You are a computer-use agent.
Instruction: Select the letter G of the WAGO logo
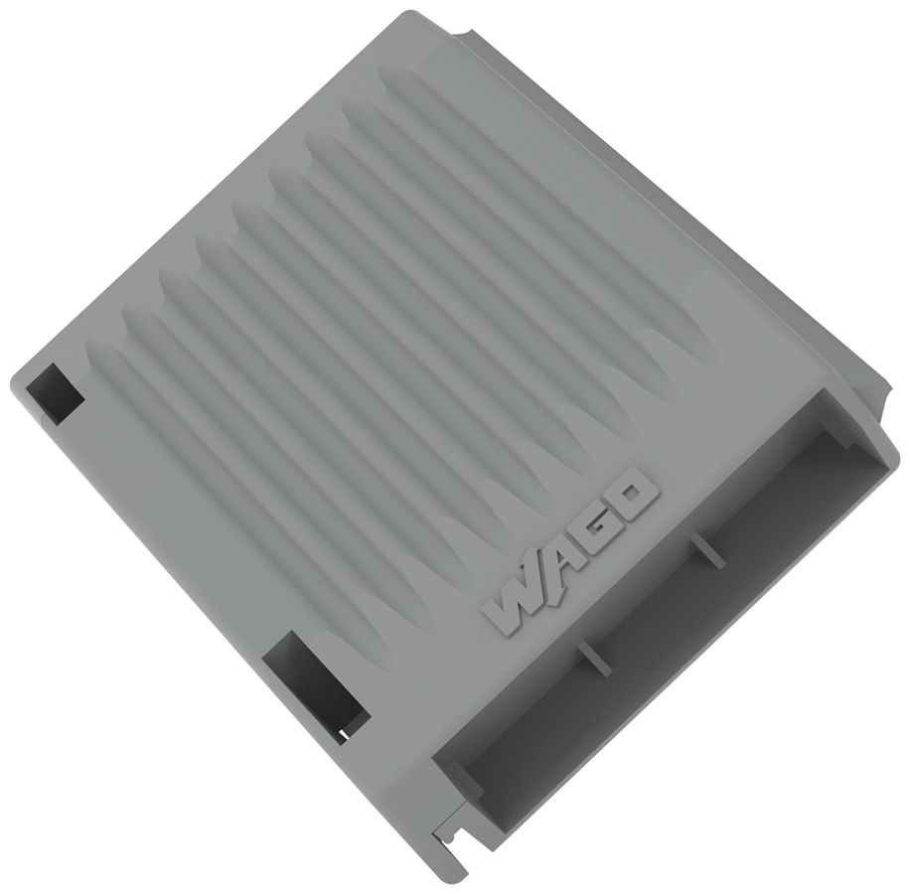click(596, 528)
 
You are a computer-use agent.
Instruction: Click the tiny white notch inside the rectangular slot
click(343, 735)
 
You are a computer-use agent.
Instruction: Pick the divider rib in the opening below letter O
click(707, 550)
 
